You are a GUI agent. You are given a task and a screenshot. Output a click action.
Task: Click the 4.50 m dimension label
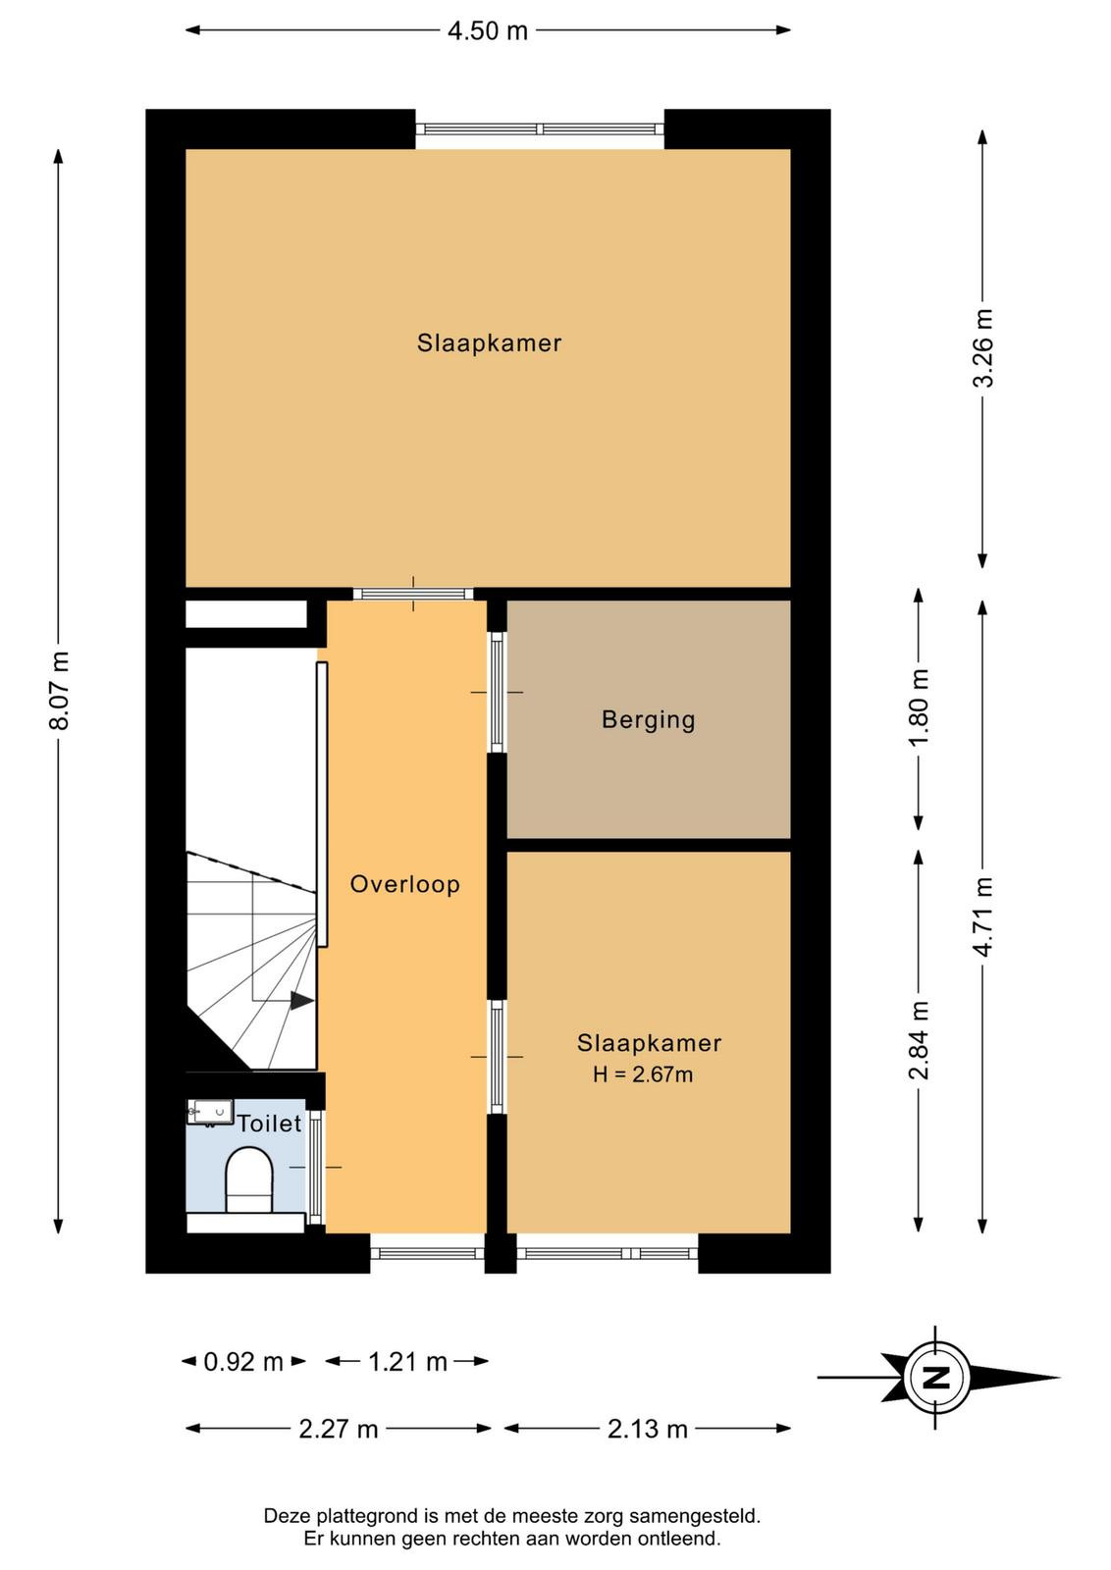pyautogui.click(x=487, y=30)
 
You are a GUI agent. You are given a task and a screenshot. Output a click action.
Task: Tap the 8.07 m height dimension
pyautogui.click(x=60, y=691)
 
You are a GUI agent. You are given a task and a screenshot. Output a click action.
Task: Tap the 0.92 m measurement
pyautogui.click(x=243, y=1362)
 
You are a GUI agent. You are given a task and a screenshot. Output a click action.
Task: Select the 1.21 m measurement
pyautogui.click(x=408, y=1362)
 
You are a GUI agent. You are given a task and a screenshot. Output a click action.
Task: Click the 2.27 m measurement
pyautogui.click(x=339, y=1429)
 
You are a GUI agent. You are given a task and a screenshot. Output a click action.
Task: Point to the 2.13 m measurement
pyautogui.click(x=648, y=1429)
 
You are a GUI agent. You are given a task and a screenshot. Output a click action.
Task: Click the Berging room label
pyautogui.click(x=649, y=720)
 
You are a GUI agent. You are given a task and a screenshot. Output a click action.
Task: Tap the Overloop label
pyautogui.click(x=405, y=884)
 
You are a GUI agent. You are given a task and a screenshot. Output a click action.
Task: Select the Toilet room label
pyautogui.click(x=270, y=1124)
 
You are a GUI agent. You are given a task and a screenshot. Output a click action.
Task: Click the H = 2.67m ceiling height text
pyautogui.click(x=643, y=1074)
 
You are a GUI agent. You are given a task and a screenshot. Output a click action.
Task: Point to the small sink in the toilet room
pyautogui.click(x=210, y=1112)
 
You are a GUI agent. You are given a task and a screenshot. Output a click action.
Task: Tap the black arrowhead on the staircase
pyautogui.click(x=302, y=1001)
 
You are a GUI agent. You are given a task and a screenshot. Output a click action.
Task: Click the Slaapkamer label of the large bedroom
pyautogui.click(x=490, y=342)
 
